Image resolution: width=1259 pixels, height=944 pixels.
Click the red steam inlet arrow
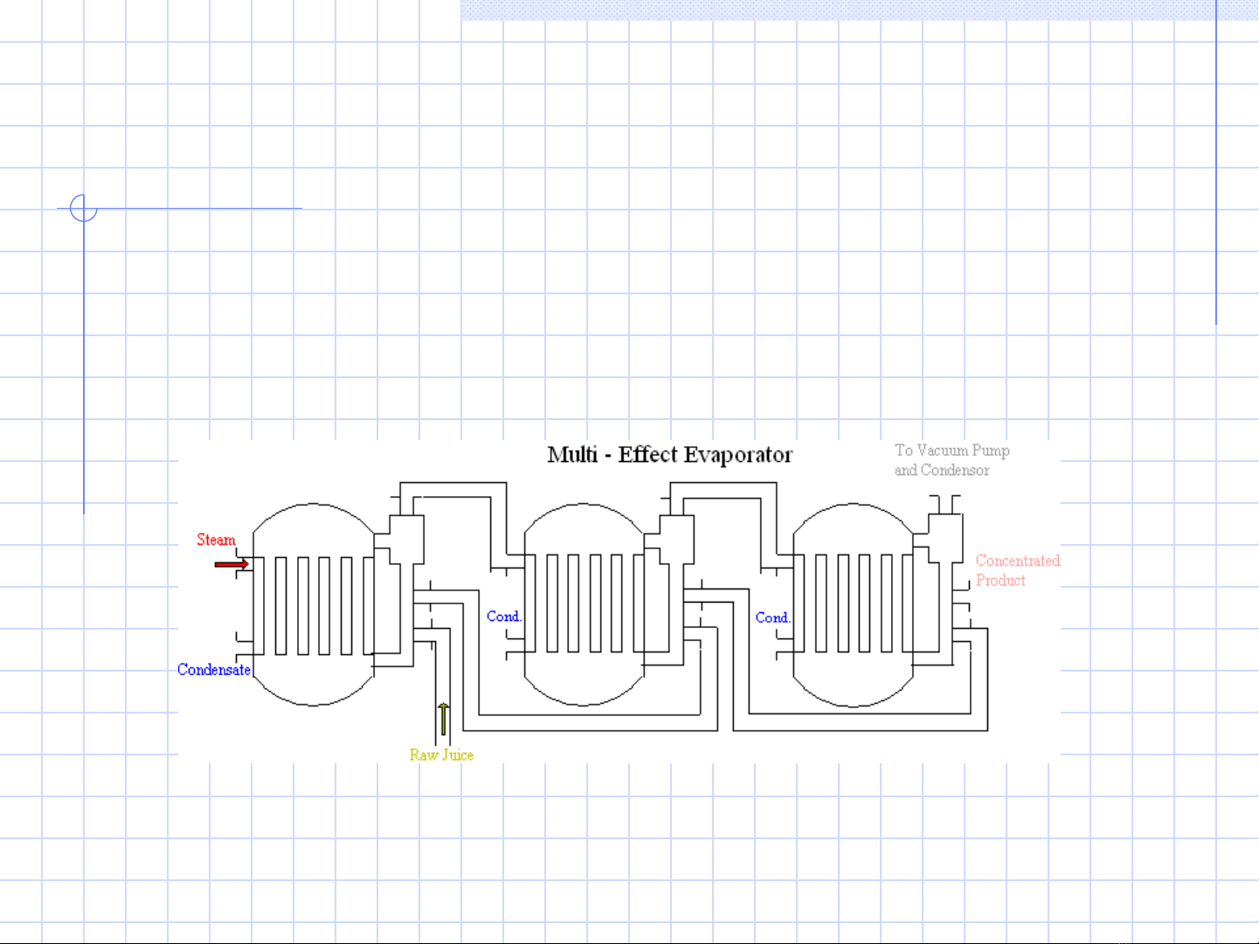[x=232, y=564]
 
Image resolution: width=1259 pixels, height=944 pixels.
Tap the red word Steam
[x=216, y=540]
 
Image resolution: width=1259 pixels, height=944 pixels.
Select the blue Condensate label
[x=214, y=670]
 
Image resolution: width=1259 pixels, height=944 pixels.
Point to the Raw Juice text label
[x=441, y=755]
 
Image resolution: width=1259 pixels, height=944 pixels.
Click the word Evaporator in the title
[x=737, y=455]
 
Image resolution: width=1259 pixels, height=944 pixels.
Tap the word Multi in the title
[x=572, y=455]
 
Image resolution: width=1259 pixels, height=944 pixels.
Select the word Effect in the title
[x=647, y=455]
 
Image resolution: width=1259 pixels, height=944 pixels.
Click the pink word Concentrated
[x=1018, y=561]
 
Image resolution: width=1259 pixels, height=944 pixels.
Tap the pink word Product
[x=1000, y=581]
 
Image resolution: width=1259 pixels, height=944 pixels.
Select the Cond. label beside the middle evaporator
[x=503, y=617]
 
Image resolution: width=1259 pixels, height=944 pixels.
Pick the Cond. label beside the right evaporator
[x=772, y=617]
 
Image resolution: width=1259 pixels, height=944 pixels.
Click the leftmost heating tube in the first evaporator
[x=281, y=605]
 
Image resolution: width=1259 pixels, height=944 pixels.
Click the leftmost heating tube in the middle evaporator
[x=552, y=603]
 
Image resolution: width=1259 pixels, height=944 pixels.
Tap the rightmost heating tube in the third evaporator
[x=908, y=603]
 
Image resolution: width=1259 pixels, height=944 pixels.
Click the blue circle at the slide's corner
[x=84, y=208]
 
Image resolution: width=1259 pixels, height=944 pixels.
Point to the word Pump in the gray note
[x=991, y=451]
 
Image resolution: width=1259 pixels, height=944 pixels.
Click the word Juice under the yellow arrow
[x=457, y=755]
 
